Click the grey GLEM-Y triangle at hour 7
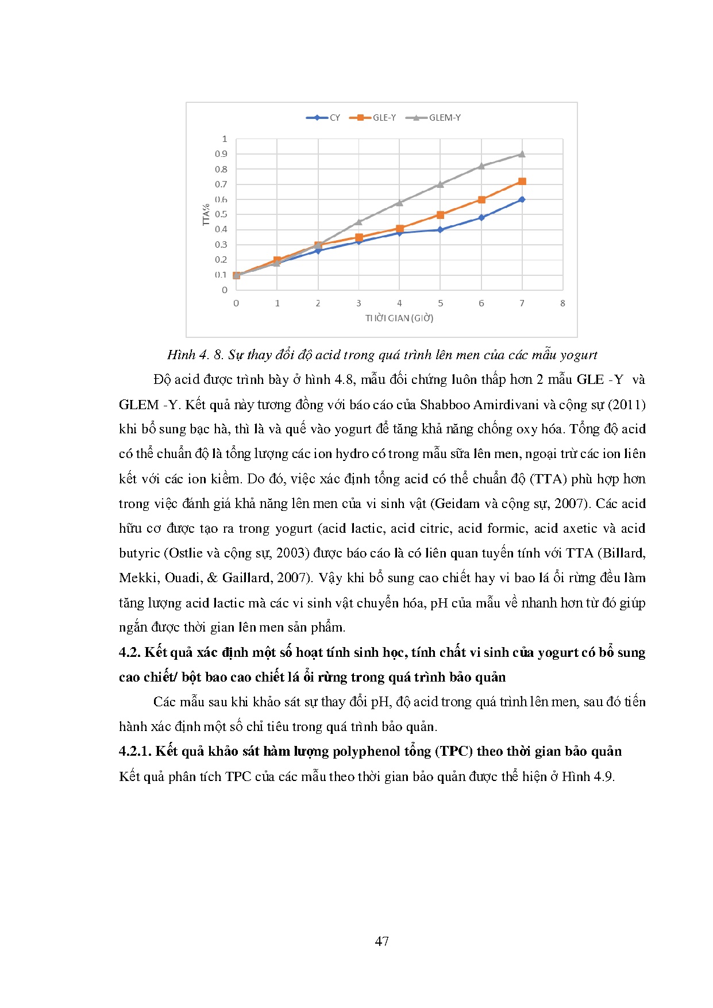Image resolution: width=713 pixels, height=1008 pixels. (522, 154)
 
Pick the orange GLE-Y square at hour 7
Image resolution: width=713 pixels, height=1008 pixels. (522, 182)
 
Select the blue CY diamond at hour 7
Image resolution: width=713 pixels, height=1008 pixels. (522, 199)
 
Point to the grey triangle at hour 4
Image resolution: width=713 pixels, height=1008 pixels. (399, 202)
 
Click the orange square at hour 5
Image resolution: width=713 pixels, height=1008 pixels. (440, 215)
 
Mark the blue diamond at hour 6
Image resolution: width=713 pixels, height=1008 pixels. (481, 218)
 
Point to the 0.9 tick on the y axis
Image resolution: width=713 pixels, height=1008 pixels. (221, 154)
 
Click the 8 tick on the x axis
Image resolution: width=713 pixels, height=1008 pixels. (562, 303)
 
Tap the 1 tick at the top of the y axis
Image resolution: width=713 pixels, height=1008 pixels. (225, 139)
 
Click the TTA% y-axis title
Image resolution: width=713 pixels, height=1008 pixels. (206, 214)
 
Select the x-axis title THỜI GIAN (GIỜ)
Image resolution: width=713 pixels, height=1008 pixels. (399, 318)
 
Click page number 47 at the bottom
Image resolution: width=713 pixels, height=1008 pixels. (381, 941)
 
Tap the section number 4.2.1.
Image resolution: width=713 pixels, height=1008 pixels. (135, 752)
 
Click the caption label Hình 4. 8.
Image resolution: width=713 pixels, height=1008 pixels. (195, 355)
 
